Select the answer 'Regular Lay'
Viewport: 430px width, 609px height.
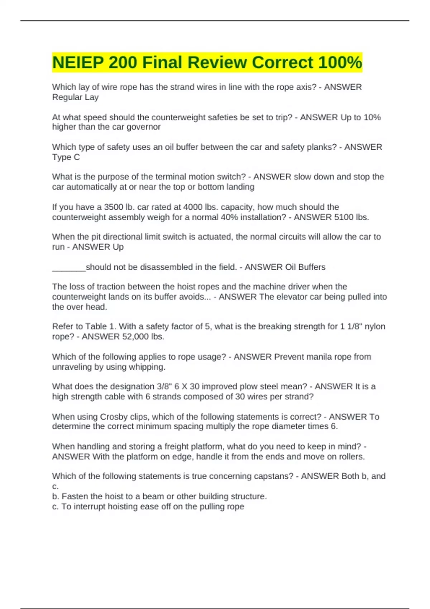75,97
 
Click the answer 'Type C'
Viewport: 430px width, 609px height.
66,157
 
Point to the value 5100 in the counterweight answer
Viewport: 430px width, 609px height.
343,217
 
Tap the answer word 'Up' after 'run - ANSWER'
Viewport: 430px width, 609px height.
118,247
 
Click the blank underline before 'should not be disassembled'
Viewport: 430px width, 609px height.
69,268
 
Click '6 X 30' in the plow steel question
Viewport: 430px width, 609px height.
187,387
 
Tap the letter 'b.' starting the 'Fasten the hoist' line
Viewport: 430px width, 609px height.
56,497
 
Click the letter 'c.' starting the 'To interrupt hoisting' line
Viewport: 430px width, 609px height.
56,507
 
